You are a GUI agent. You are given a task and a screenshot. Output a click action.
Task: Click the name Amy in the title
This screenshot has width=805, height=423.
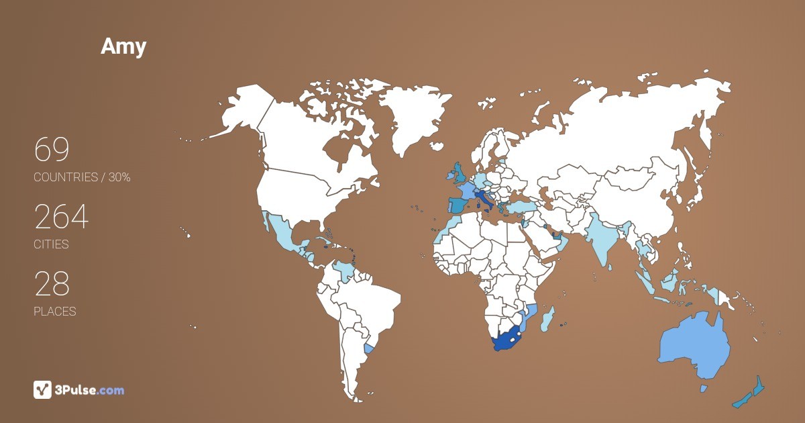123,46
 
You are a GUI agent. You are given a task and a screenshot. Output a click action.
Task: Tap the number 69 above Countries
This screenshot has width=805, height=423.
52,150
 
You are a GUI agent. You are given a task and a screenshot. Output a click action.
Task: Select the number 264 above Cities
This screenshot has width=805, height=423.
61,217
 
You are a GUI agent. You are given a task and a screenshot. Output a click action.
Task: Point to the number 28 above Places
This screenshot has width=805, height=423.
52,284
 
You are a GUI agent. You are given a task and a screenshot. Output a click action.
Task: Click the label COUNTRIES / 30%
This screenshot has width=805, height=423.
82,177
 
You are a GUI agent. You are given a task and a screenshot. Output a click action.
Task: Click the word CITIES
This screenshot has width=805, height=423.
51,244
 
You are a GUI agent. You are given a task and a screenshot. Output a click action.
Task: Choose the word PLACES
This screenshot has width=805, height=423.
54,312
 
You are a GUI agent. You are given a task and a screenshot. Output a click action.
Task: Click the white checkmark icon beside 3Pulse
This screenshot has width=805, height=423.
42,389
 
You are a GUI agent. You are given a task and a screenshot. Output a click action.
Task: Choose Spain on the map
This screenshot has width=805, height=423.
458,205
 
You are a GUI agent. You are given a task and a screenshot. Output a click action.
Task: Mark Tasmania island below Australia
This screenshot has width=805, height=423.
704,389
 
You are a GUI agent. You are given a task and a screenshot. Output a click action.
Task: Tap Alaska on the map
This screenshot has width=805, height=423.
241,111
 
